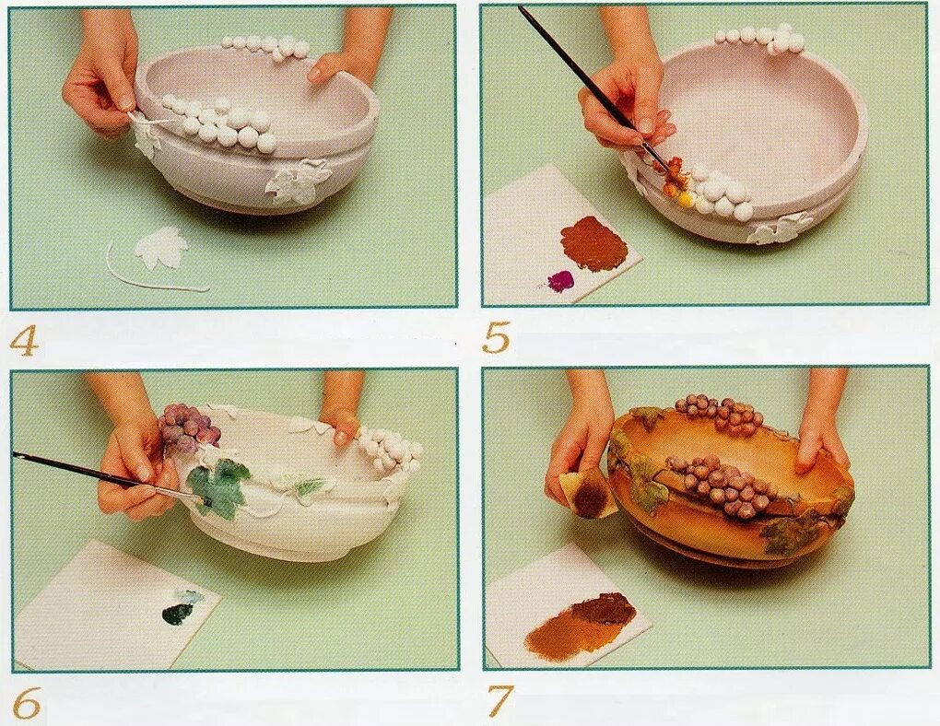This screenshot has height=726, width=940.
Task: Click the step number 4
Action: (x=24, y=343)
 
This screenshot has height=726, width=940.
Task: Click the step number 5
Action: (x=496, y=337)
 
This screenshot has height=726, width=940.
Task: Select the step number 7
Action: (x=499, y=701)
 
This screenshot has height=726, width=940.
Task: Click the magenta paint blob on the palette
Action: (x=562, y=278)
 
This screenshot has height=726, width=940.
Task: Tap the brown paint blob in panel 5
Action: (x=594, y=243)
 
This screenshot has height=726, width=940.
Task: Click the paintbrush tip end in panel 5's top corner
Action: (x=521, y=8)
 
